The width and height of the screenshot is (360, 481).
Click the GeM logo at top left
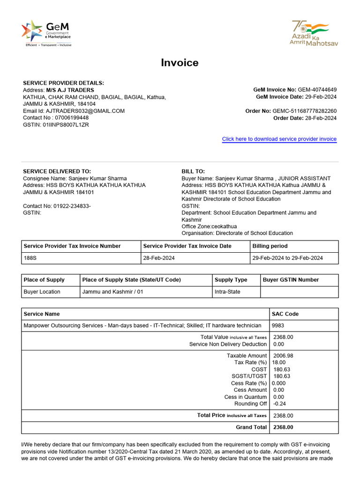click(45, 32)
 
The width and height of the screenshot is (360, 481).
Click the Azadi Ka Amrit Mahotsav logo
click(314, 33)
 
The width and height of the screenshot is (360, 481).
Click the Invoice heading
click(180, 63)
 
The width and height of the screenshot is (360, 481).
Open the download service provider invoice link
click(279, 139)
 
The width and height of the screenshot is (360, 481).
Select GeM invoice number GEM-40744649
click(317, 90)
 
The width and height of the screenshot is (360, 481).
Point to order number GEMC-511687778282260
click(304, 111)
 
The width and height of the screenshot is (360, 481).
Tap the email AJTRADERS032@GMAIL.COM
click(85, 111)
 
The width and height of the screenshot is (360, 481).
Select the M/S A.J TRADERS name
click(70, 90)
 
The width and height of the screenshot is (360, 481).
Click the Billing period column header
click(270, 246)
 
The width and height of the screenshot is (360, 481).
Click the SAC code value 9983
click(277, 326)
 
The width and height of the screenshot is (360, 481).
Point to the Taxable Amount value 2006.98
click(283, 356)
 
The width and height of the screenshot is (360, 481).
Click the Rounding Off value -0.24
click(280, 403)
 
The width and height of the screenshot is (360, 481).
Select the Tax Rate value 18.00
click(278, 363)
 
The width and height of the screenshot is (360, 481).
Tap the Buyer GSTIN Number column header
click(291, 280)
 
